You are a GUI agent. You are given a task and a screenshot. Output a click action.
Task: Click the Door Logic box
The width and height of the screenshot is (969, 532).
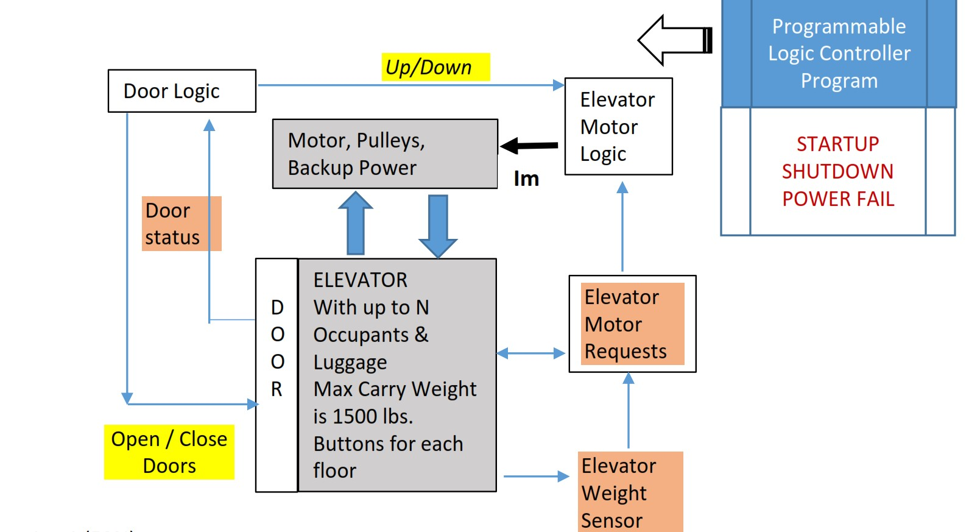click(181, 91)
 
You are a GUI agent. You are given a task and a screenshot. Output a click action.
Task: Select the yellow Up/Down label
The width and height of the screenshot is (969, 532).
click(435, 67)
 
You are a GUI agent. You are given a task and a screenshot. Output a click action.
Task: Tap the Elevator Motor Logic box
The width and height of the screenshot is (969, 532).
click(618, 127)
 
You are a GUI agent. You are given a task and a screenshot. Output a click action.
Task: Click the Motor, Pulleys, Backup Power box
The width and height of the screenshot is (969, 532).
click(384, 154)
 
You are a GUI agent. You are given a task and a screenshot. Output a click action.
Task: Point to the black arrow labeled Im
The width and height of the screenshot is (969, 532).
click(529, 146)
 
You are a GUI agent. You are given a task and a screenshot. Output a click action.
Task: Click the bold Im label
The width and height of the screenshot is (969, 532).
click(526, 179)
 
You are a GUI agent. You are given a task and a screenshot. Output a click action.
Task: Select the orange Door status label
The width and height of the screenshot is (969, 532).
click(181, 224)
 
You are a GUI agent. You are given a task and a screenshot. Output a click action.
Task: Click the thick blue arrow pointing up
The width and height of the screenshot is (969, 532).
click(356, 223)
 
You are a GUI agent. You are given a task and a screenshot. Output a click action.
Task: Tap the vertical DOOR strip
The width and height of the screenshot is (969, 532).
click(277, 375)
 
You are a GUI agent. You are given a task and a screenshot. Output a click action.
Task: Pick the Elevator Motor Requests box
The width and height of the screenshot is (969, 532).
click(632, 324)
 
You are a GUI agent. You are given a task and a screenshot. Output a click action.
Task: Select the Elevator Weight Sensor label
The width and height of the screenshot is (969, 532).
click(630, 492)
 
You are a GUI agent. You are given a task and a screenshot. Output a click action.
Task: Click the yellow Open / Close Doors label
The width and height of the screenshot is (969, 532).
click(169, 452)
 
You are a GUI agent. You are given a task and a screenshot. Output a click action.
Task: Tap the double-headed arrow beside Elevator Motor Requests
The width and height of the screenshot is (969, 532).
click(531, 353)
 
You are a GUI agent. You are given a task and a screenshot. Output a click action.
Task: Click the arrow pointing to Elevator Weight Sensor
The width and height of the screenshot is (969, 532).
click(536, 477)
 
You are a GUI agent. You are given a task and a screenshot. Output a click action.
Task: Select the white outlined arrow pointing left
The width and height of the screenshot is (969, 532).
click(674, 40)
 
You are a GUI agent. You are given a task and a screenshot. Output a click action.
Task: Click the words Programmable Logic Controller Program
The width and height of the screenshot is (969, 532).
click(839, 54)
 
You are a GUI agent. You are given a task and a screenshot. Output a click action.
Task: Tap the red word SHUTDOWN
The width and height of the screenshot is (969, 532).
click(837, 172)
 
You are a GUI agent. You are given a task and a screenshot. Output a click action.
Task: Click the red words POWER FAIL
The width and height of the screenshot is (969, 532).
click(838, 199)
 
